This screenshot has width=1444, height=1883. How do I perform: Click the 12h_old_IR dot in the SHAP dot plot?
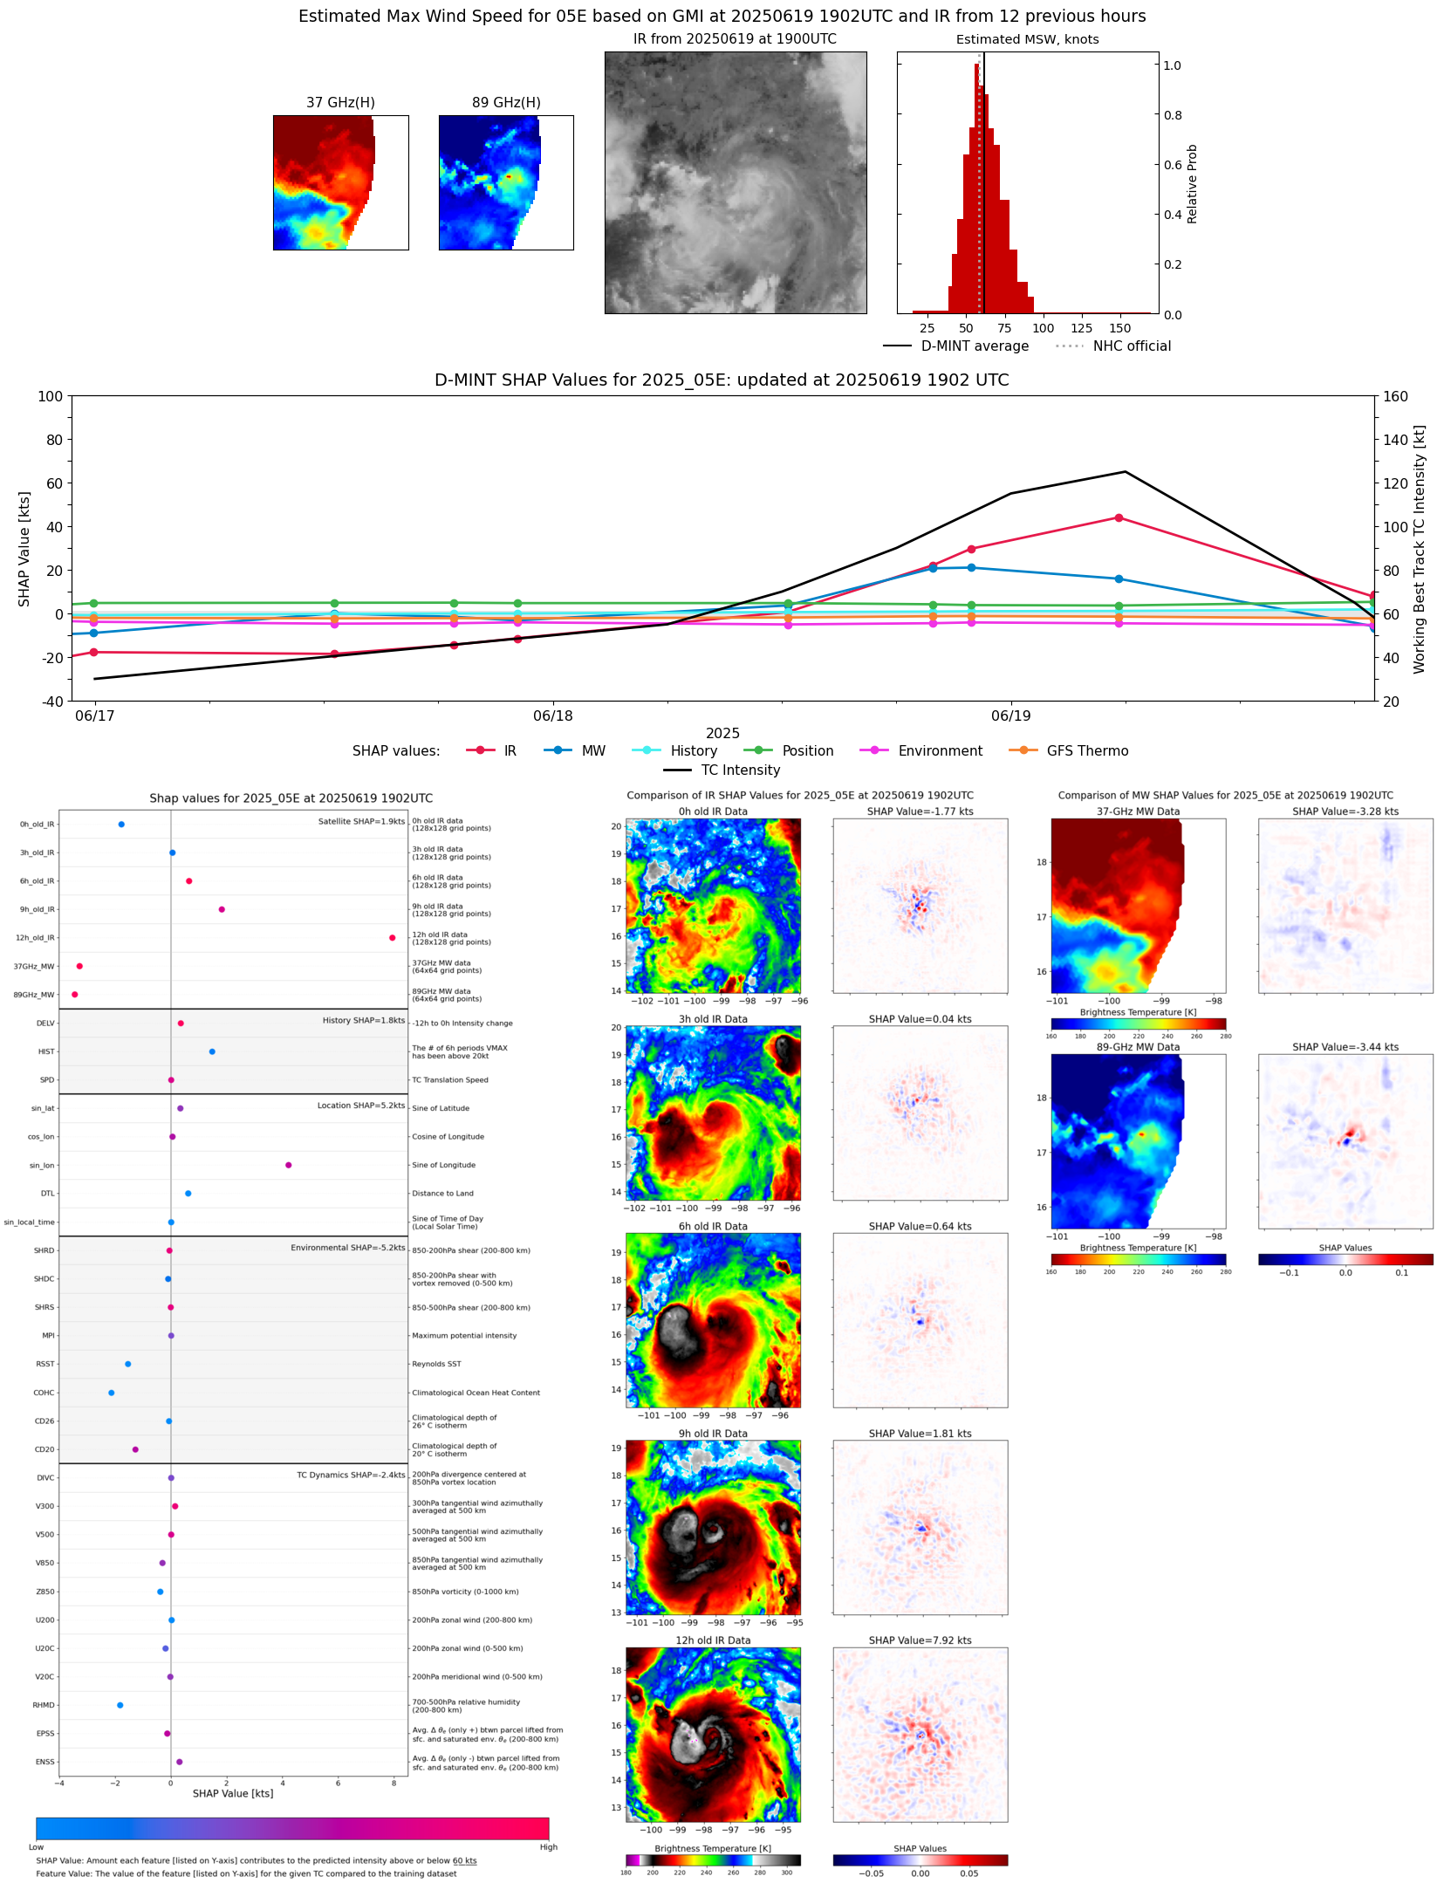pyautogui.click(x=392, y=937)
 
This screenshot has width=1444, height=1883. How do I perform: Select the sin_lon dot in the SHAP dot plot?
pyautogui.click(x=288, y=1165)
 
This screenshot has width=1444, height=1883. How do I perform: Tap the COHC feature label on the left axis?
pyautogui.click(x=44, y=1393)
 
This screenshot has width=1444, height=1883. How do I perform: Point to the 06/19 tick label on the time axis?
pyautogui.click(x=1010, y=716)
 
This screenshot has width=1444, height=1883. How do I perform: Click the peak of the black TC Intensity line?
pyautogui.click(x=1125, y=472)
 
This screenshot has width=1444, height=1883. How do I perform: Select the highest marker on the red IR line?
pyautogui.click(x=1119, y=517)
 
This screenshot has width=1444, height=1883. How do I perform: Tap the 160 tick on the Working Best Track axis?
pyautogui.click(x=1395, y=396)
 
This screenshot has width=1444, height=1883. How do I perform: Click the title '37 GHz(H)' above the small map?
pyautogui.click(x=340, y=102)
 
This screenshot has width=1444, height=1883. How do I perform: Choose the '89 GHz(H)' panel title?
pyautogui.click(x=506, y=102)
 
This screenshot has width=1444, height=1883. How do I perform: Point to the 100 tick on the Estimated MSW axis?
pyautogui.click(x=1043, y=328)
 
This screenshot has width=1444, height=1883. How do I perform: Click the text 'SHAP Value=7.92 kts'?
pyautogui.click(x=920, y=1640)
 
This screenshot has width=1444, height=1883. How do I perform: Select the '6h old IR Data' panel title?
pyautogui.click(x=713, y=1226)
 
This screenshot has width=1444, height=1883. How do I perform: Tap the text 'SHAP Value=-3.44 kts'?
pyautogui.click(x=1345, y=1047)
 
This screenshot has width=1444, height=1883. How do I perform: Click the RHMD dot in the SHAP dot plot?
pyautogui.click(x=120, y=1705)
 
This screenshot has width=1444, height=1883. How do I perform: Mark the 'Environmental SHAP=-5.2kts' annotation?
pyautogui.click(x=347, y=1248)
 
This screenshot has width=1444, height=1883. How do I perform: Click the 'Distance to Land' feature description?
pyautogui.click(x=442, y=1193)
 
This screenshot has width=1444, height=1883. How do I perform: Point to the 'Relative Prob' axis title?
pyautogui.click(x=1192, y=183)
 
